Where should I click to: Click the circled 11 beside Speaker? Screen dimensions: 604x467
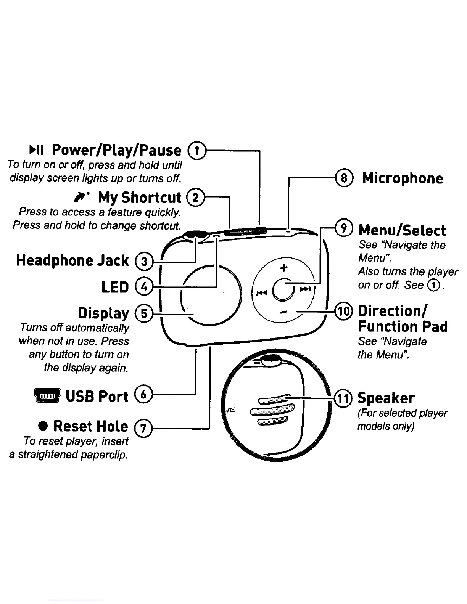click(343, 398)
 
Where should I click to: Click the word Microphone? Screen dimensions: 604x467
click(403, 178)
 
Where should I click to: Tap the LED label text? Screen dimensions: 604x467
click(115, 287)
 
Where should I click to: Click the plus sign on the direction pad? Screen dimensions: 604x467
click(283, 268)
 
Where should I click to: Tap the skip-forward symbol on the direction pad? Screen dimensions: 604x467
click(305, 289)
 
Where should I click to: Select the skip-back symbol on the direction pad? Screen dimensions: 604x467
click(261, 292)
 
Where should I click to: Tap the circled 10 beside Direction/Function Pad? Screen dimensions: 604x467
click(343, 312)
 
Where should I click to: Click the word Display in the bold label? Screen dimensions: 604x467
click(103, 313)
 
